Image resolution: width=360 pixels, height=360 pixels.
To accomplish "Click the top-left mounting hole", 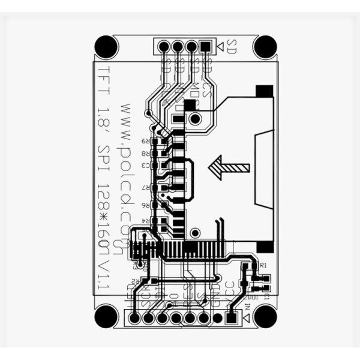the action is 106,46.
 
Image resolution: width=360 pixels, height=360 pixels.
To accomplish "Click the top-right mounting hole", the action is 265,46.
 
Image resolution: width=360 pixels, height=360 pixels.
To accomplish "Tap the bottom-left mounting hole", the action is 106,316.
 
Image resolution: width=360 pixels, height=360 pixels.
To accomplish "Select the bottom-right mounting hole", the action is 265,316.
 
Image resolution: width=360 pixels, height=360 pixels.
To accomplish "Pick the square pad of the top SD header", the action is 206,46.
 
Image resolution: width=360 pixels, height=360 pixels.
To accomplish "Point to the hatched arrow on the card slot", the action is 229,167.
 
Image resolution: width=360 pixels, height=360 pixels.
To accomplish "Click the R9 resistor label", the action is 145,141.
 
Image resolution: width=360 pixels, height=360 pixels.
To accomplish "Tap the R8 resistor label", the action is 145,154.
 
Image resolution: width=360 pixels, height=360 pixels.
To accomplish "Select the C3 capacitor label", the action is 145,165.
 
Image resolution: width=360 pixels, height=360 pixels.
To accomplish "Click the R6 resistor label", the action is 145,205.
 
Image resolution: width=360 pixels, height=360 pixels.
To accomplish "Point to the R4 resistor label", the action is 145,222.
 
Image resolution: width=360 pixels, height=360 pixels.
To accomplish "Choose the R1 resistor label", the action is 262,265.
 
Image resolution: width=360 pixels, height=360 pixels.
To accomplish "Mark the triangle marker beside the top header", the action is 220,46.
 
